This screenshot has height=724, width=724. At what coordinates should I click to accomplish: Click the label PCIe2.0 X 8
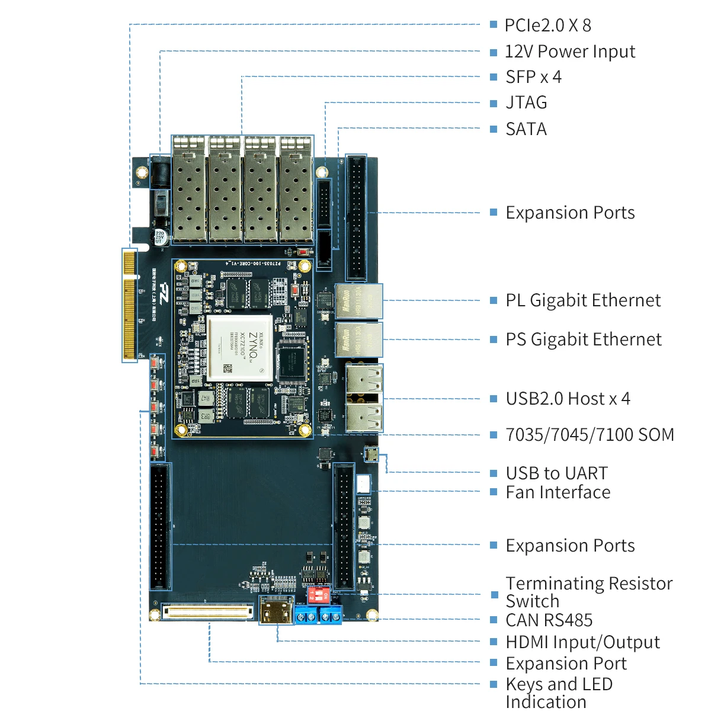pyautogui.click(x=547, y=25)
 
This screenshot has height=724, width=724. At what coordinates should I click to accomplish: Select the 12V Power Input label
pyautogui.click(x=569, y=52)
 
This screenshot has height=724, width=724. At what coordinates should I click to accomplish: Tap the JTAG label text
pyautogui.click(x=526, y=102)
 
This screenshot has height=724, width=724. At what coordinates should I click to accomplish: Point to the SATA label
pyautogui.click(x=526, y=129)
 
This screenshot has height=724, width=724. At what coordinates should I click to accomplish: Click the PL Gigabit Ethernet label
pyautogui.click(x=583, y=300)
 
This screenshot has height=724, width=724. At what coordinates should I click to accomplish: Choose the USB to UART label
pyautogui.click(x=556, y=473)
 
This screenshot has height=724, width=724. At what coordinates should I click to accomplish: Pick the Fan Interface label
pyautogui.click(x=558, y=492)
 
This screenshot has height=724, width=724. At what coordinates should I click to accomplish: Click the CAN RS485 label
pyautogui.click(x=549, y=620)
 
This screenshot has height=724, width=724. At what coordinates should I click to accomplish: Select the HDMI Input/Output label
pyautogui.click(x=582, y=642)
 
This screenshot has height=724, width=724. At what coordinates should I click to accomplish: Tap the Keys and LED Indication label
pyautogui.click(x=559, y=693)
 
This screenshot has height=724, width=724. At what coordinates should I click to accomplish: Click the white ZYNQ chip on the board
pyautogui.click(x=239, y=348)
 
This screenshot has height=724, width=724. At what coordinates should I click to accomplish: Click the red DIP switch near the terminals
pyautogui.click(x=319, y=594)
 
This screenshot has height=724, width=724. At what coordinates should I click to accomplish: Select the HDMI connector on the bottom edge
pyautogui.click(x=277, y=610)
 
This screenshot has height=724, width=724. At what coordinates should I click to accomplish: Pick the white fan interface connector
pyautogui.click(x=363, y=483)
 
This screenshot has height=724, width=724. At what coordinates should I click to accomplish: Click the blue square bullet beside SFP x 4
pyautogui.click(x=494, y=78)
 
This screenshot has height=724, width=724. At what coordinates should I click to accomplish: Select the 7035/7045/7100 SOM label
pyautogui.click(x=590, y=435)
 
